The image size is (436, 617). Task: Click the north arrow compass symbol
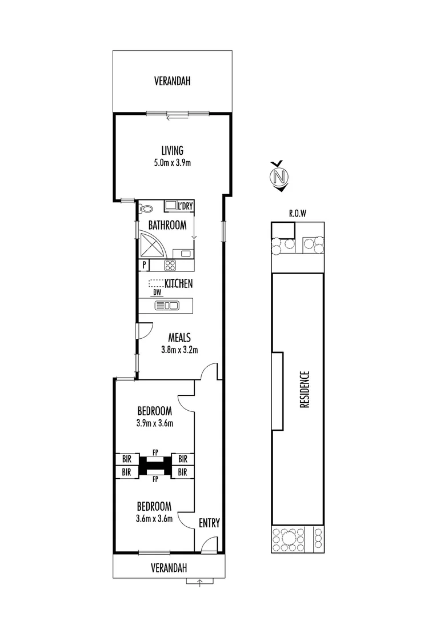tap(279, 177)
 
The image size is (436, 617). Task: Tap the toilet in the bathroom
tap(145, 209)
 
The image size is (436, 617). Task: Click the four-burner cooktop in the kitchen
tap(170, 265)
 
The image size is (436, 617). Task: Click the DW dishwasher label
tap(157, 293)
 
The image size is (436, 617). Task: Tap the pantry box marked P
tap(145, 265)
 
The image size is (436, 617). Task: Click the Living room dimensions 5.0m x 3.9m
tap(172, 163)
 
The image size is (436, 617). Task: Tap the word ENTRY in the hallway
tap(209, 523)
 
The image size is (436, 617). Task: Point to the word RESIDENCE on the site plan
tap(305, 390)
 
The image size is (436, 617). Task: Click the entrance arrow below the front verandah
tap(199, 583)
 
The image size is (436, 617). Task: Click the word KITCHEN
tap(179, 283)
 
